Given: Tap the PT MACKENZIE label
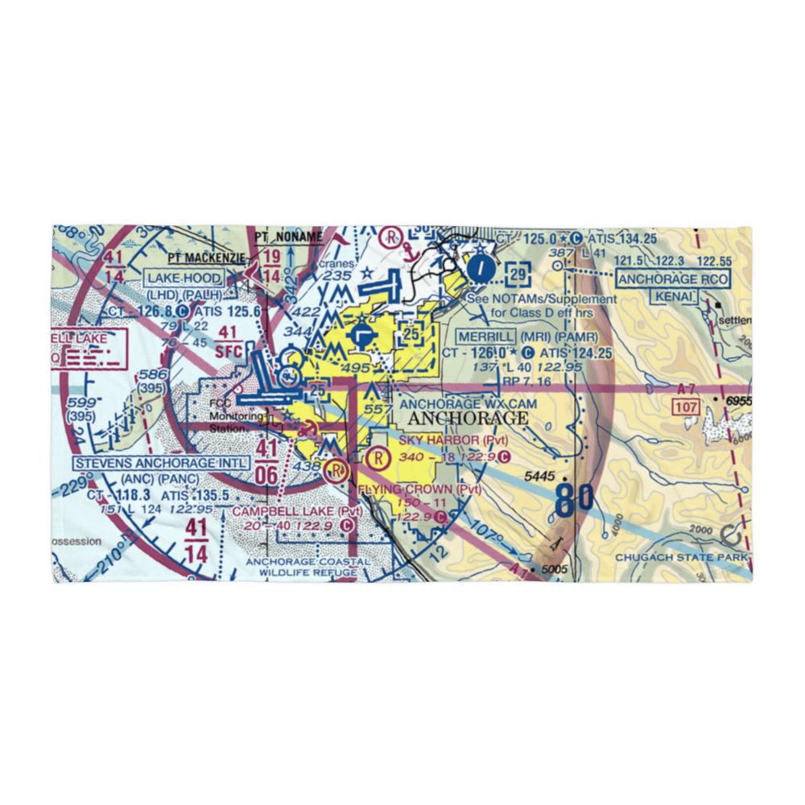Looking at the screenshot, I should (x=207, y=258).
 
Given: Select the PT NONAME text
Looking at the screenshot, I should (x=287, y=237).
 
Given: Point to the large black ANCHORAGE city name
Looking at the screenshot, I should (x=468, y=419).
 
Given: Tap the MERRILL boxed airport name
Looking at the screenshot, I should (x=485, y=336).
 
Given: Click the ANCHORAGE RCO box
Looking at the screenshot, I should (x=673, y=279).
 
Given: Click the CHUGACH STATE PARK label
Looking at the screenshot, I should (x=682, y=557).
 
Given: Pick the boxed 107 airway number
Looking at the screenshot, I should (x=686, y=408).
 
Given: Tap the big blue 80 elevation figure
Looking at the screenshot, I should (x=574, y=499).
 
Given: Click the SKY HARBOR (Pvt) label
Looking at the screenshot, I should (x=451, y=440).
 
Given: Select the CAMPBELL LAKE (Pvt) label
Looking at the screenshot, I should (x=286, y=511).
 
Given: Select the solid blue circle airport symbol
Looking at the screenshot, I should (x=480, y=268).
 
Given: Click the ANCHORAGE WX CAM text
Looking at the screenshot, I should (x=467, y=402).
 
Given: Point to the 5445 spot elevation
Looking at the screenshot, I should (x=539, y=477).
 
